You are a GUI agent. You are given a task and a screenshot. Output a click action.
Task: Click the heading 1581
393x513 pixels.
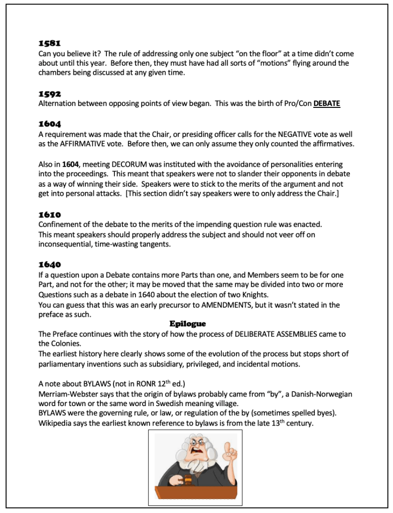pyautogui.click(x=49, y=43)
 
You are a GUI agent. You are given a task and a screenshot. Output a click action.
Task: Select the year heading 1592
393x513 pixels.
pyautogui.click(x=50, y=93)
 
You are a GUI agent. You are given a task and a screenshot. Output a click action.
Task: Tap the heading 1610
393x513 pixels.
pyautogui.click(x=50, y=214)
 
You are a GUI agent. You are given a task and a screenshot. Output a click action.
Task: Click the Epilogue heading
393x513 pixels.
pyautogui.click(x=188, y=324)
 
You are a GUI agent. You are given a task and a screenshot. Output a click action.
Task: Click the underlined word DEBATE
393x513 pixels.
pyautogui.click(x=327, y=104)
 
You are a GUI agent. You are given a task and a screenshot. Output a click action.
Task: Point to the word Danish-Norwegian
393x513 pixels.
pyautogui.click(x=320, y=394)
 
